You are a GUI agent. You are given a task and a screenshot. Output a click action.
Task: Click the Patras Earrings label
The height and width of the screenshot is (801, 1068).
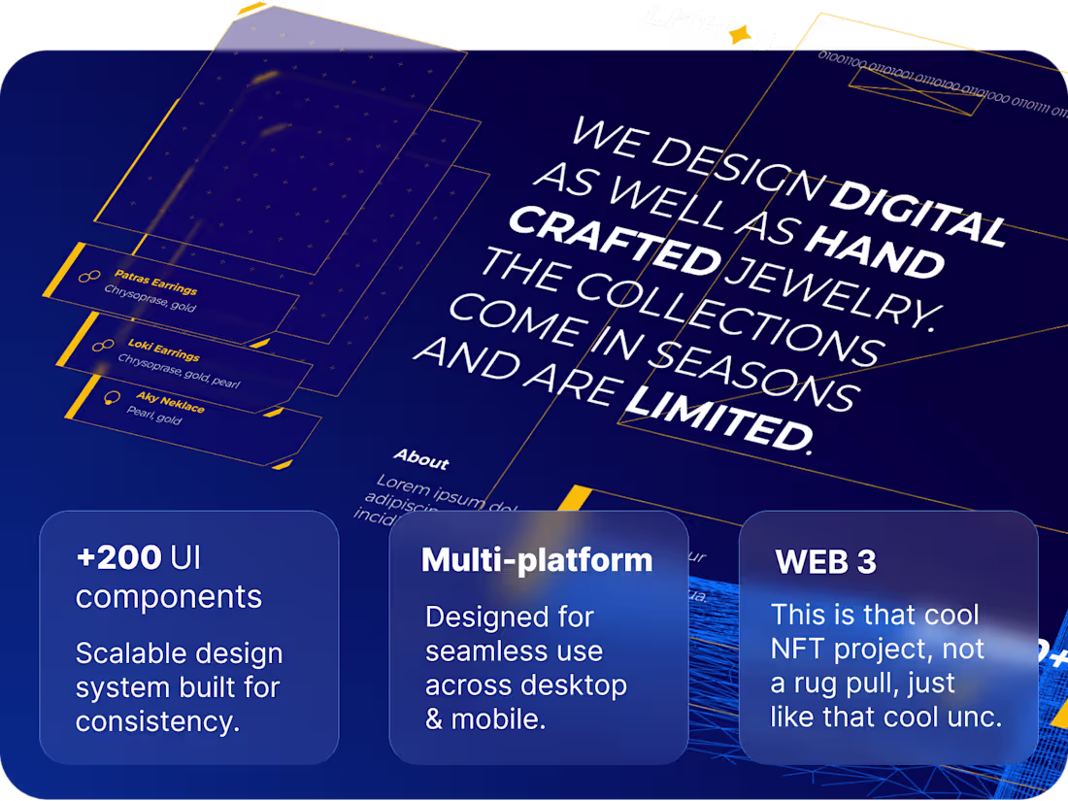click(155, 282)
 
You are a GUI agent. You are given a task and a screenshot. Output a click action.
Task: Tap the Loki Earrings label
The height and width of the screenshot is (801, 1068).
click(163, 350)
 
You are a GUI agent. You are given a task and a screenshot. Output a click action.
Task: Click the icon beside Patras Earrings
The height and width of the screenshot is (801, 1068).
click(89, 278)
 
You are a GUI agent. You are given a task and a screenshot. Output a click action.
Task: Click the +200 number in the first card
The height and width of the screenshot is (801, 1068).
click(118, 557)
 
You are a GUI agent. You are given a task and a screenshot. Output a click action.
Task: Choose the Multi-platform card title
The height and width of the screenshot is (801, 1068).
click(537, 559)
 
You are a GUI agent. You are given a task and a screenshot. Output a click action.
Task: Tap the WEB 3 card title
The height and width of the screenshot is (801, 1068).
click(825, 561)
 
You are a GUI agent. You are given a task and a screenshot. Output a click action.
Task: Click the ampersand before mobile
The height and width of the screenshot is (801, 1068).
click(435, 719)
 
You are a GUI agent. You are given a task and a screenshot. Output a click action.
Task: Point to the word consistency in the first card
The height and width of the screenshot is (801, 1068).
click(155, 721)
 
